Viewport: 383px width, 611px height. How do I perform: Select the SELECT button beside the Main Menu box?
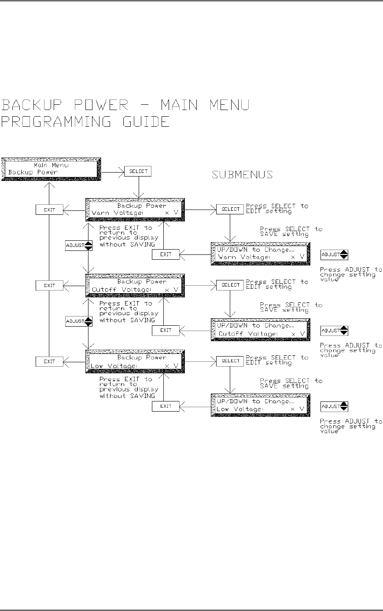point(138,171)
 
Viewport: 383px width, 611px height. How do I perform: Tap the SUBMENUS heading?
point(243,175)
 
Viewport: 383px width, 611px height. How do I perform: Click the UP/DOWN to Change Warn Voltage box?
point(261,254)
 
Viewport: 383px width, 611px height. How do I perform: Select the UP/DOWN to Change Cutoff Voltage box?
point(261,330)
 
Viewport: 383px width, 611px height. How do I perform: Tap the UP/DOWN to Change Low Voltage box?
point(261,405)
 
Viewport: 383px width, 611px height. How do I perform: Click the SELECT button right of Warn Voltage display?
point(229,209)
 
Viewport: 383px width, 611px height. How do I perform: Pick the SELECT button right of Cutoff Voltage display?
point(229,285)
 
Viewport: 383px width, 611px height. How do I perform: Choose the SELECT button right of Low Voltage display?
point(229,361)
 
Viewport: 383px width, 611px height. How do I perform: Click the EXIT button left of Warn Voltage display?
point(49,210)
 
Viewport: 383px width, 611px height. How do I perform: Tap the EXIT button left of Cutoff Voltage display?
point(49,286)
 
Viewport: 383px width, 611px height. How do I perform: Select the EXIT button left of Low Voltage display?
point(49,361)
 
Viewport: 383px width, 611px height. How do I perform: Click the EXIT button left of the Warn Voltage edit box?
point(166,254)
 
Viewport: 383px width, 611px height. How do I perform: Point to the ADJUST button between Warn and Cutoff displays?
point(79,246)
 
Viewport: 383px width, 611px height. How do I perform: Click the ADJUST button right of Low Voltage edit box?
point(334,406)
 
